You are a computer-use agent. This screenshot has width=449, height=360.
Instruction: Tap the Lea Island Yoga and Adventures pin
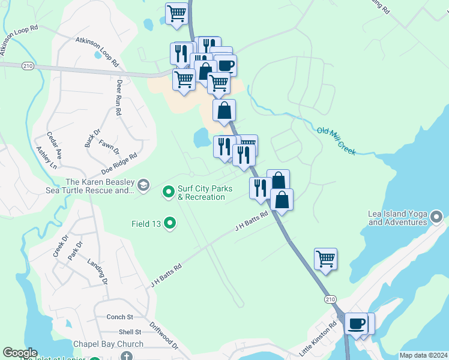tap(436, 215)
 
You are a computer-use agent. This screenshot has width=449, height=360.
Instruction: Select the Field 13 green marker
tap(170, 224)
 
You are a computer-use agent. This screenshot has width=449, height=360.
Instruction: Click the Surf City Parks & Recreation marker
tap(169, 192)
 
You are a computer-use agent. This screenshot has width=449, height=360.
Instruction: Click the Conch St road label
tap(119, 317)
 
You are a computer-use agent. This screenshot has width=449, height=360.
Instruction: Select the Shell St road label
tap(129, 332)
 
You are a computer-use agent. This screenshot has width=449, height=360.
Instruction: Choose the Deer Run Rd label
tap(119, 97)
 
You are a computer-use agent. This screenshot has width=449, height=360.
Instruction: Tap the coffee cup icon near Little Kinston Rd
tap(357, 324)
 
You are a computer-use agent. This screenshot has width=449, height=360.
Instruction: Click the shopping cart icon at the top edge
tap(177, 13)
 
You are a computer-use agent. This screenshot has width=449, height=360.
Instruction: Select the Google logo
tap(20, 353)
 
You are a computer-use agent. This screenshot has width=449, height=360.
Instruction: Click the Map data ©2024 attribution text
tap(423, 355)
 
